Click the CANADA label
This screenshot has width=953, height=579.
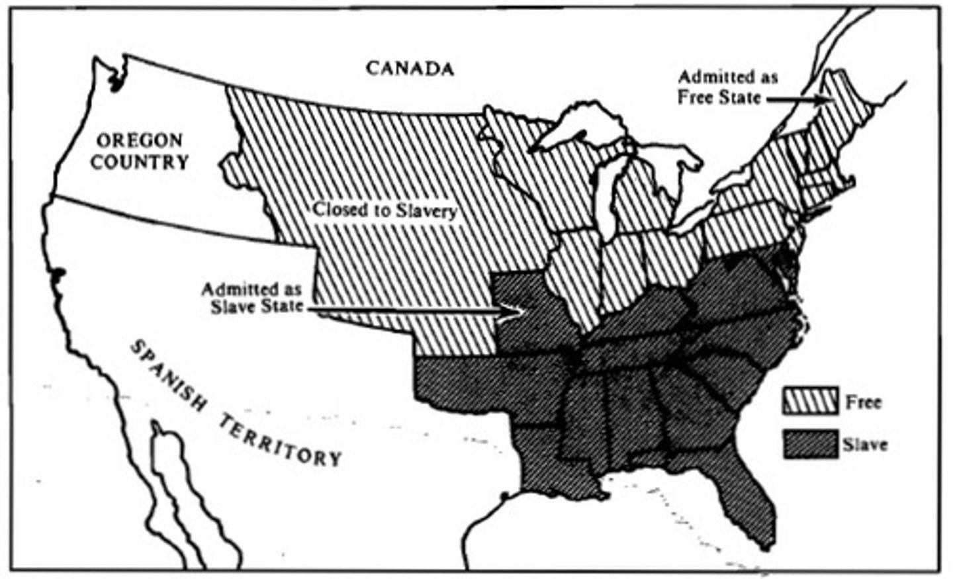pyautogui.click(x=410, y=68)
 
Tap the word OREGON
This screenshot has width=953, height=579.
pyautogui.click(x=139, y=140)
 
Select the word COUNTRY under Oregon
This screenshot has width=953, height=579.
pyautogui.click(x=139, y=162)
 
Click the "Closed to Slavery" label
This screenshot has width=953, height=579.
pyautogui.click(x=385, y=210)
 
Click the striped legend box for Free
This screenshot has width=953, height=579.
pyautogui.click(x=811, y=402)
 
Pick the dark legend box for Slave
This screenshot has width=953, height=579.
pyautogui.click(x=811, y=444)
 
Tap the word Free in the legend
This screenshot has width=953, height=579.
pyautogui.click(x=864, y=402)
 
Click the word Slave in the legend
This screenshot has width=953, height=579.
pyautogui.click(x=865, y=444)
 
